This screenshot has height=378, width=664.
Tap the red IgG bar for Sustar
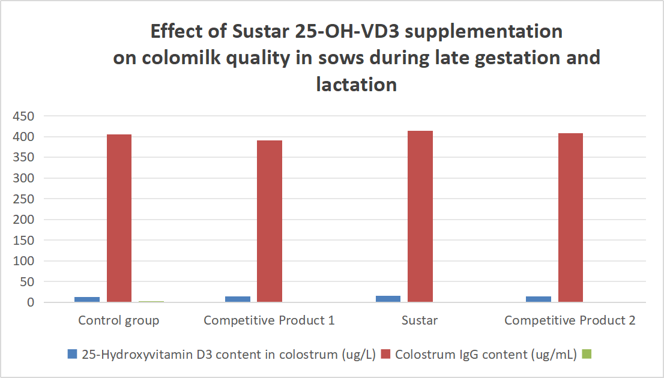[420, 216]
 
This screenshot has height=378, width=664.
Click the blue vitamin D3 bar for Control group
[88, 299]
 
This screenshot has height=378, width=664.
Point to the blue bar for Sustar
[388, 298]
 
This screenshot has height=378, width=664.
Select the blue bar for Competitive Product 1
[238, 299]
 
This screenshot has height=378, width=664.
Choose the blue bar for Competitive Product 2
[539, 299]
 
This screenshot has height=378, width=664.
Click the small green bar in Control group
[151, 301]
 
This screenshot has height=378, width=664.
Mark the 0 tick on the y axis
[29, 302]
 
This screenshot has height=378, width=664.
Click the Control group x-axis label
[119, 320]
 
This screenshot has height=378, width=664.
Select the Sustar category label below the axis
[420, 320]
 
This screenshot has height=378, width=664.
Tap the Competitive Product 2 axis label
[570, 320]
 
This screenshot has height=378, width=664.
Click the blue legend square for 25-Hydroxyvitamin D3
[73, 355]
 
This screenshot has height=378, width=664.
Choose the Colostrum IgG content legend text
[485, 355]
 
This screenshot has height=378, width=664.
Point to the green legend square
[588, 355]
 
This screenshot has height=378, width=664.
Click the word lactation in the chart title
[357, 84]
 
